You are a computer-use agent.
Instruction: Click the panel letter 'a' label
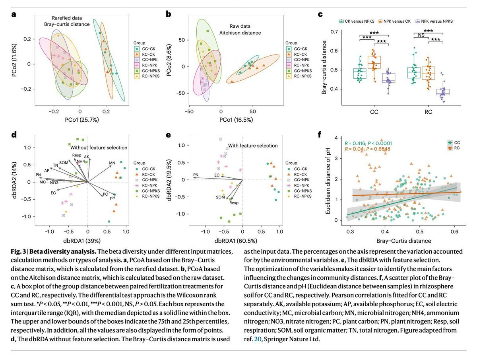click(x=14, y=15)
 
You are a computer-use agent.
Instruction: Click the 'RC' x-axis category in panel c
click(x=428, y=112)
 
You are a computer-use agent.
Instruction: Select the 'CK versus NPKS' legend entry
click(x=358, y=21)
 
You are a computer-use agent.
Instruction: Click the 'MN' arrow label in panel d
click(x=112, y=163)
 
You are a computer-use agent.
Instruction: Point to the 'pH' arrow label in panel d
click(x=112, y=198)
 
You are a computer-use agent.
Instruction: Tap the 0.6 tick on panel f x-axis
click(x=454, y=231)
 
